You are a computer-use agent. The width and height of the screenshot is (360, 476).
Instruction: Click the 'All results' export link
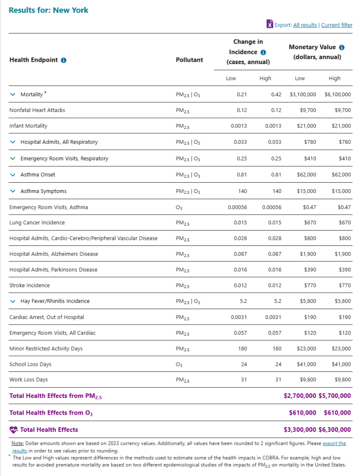coord(305,25)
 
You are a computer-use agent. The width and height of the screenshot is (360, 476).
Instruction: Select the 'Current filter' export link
coord(337,25)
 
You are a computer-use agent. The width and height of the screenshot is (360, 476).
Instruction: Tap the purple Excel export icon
coord(269,24)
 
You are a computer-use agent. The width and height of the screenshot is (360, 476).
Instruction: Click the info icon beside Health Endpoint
coord(64,60)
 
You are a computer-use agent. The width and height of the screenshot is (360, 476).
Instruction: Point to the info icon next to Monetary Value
coord(342,47)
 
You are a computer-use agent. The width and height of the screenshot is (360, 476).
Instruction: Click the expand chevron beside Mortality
coord(13,94)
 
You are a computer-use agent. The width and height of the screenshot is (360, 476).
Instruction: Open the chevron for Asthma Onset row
coord(13,175)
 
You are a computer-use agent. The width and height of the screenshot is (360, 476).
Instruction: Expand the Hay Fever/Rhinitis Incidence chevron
coord(13,301)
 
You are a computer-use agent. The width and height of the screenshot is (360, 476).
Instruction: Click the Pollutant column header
coord(189,60)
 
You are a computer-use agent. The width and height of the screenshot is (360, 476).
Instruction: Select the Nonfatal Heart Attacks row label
coord(37,110)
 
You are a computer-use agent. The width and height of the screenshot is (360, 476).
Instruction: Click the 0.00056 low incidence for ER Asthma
coord(237,207)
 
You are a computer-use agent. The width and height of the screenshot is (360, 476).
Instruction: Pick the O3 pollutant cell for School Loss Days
coord(179,364)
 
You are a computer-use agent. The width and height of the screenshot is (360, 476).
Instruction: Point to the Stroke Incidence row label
coord(29,285)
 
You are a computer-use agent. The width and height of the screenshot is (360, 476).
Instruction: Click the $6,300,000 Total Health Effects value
coord(335,430)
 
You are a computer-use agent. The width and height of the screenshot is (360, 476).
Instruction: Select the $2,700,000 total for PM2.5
coord(300,396)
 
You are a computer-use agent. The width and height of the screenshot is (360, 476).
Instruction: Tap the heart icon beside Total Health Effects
coord(13,430)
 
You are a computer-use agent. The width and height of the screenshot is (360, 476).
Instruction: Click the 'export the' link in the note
coord(334,443)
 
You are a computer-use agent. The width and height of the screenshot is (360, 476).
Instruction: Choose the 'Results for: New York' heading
coord(48,10)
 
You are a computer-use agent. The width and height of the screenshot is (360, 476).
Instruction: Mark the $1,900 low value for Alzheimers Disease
coord(307,254)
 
